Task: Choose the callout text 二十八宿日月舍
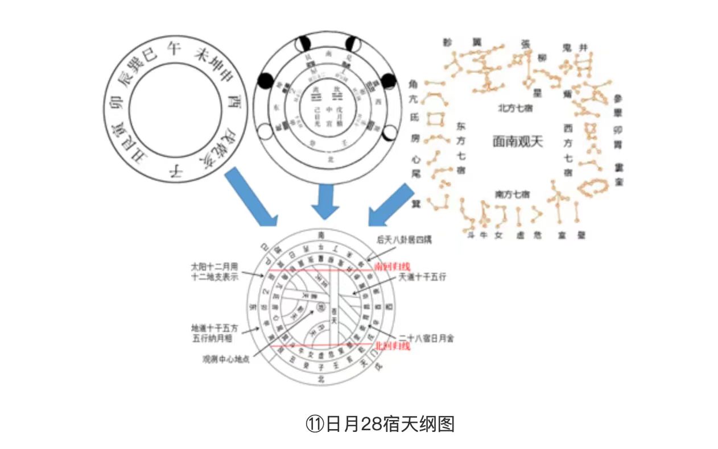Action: pyautogui.click(x=427, y=338)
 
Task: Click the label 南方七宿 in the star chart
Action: pyautogui.click(x=512, y=194)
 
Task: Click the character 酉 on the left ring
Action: pyautogui.click(x=233, y=103)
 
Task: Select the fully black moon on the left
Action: pyautogui.click(x=263, y=82)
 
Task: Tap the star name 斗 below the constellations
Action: pyautogui.click(x=471, y=234)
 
